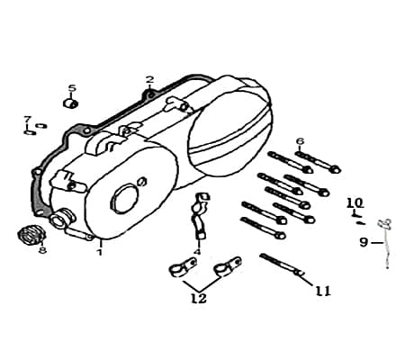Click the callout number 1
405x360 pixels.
[x=100, y=252]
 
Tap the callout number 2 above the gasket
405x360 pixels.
[x=149, y=79]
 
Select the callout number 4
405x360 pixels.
[x=197, y=251]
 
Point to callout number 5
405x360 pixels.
[x=72, y=88]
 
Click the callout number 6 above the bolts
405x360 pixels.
[x=300, y=141]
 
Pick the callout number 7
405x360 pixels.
[x=28, y=119]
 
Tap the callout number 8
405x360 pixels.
[x=42, y=250]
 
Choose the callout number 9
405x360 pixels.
[x=364, y=242]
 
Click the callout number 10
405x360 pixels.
[x=355, y=203]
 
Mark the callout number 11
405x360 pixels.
[x=322, y=291]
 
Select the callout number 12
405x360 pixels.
[x=199, y=298]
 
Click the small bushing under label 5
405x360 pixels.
[x=71, y=103]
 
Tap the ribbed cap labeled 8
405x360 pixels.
[x=31, y=233]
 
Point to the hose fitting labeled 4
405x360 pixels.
[x=200, y=215]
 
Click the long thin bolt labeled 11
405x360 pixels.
[x=282, y=265]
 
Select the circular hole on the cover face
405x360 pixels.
[x=125, y=199]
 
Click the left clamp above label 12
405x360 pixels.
[x=183, y=266]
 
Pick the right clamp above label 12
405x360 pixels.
[x=228, y=265]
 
